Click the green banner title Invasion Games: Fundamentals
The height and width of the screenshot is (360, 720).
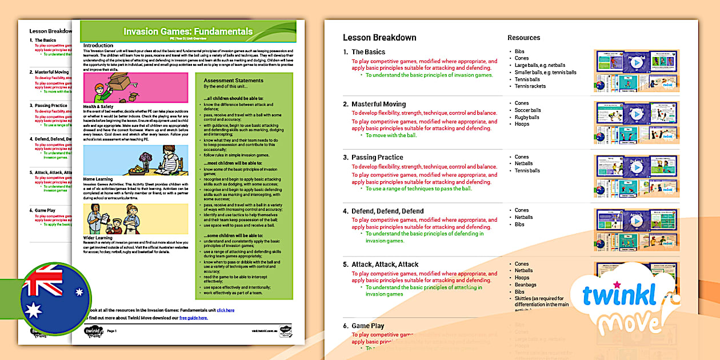[x=188, y=31]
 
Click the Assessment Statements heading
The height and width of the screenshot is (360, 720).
[x=233, y=81]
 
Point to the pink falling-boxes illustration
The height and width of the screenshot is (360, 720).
[x=135, y=87]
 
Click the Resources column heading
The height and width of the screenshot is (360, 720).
[x=523, y=38]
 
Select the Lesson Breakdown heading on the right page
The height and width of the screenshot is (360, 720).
[x=379, y=38]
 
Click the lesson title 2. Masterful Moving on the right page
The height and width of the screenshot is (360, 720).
[x=378, y=104]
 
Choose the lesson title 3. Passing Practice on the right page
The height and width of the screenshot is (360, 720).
[x=377, y=157]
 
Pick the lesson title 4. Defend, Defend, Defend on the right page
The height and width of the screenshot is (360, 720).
[x=387, y=211]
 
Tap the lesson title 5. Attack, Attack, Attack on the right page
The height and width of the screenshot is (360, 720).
[x=385, y=265]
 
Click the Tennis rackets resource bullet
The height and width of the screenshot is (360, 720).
[x=530, y=86]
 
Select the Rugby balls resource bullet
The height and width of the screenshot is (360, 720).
[x=527, y=117]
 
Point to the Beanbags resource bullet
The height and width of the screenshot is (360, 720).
[x=525, y=285]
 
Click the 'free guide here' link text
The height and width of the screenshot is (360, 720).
[x=193, y=318]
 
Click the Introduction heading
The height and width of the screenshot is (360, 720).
[x=98, y=45]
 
